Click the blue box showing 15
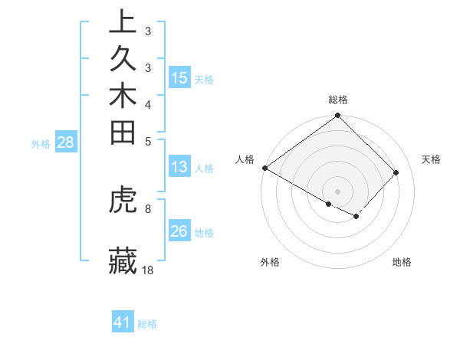[x=179, y=77]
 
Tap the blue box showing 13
[x=179, y=167]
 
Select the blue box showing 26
[x=179, y=231]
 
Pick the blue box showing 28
[x=66, y=142]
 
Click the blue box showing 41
[x=123, y=322]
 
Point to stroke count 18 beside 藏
[x=149, y=270]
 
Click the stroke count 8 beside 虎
[x=148, y=208]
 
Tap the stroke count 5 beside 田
[x=148, y=140]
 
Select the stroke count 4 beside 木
[x=148, y=104]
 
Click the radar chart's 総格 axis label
[x=338, y=100]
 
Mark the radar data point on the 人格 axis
[x=265, y=168]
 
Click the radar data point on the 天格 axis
[x=396, y=172]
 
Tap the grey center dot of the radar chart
[x=338, y=191]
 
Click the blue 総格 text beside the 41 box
[x=147, y=324]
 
